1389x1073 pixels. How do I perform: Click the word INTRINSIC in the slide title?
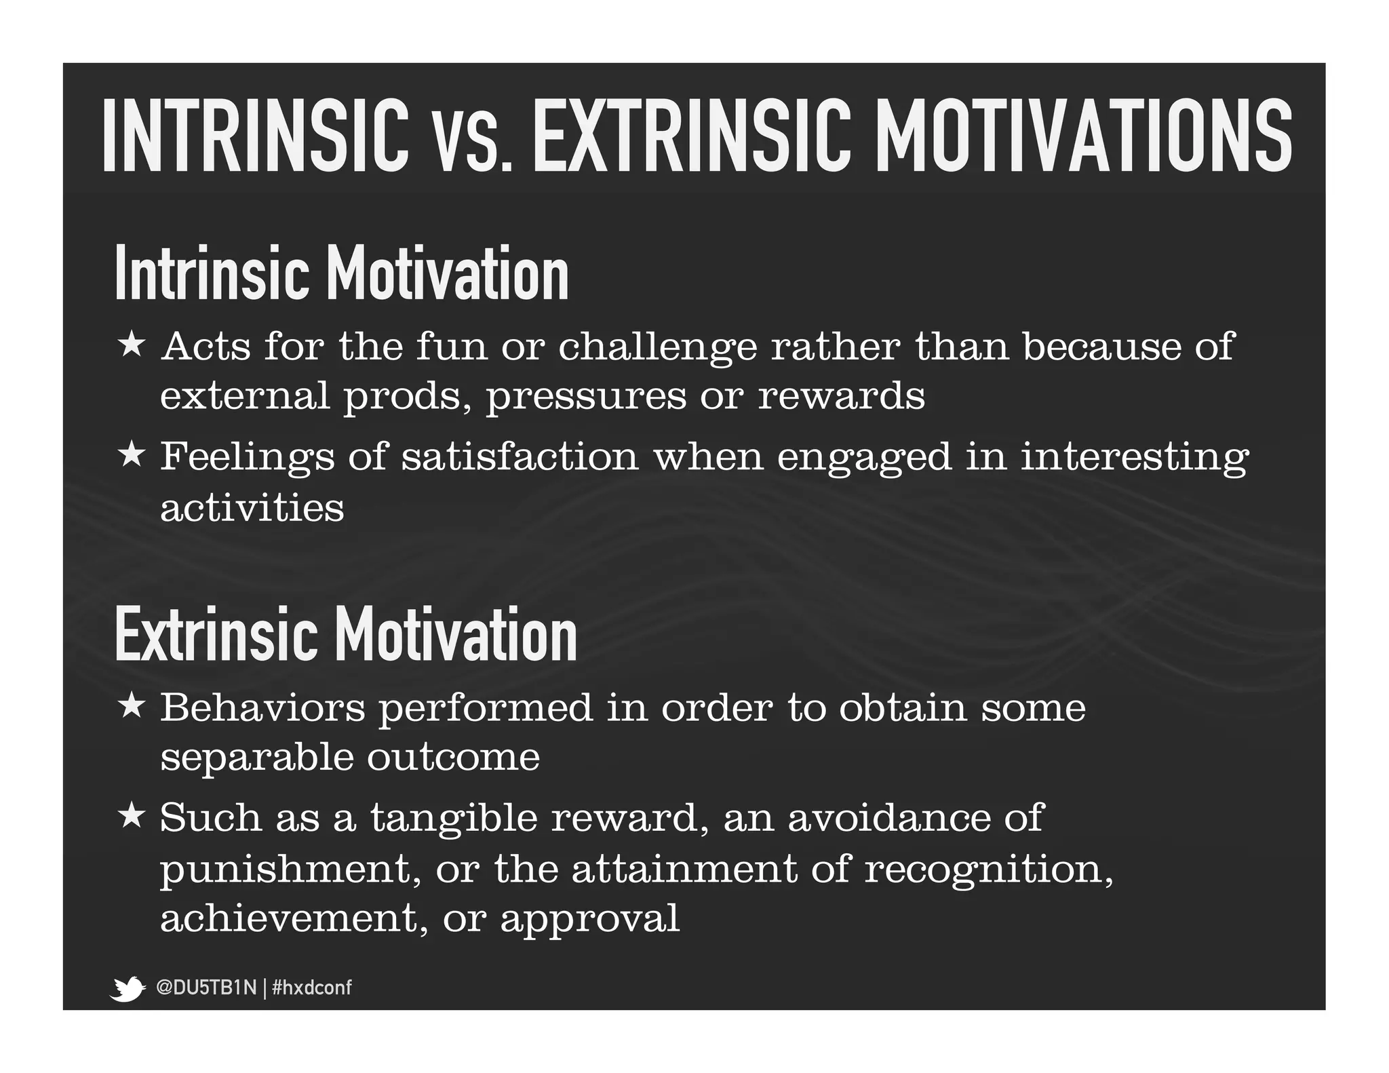[x=256, y=135]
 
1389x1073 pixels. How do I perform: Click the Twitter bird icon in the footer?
[x=128, y=988]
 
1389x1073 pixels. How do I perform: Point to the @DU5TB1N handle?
[x=206, y=988]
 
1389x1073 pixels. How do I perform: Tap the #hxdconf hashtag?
[x=311, y=988]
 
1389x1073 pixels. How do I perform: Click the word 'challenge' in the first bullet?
[x=657, y=347]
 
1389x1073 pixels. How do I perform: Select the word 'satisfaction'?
[x=520, y=456]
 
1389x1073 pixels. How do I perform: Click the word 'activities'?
[x=252, y=507]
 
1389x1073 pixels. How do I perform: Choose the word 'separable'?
[x=257, y=758]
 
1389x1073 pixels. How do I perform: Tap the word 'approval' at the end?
[x=590, y=920]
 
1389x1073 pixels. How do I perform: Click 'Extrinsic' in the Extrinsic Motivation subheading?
[x=216, y=634]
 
